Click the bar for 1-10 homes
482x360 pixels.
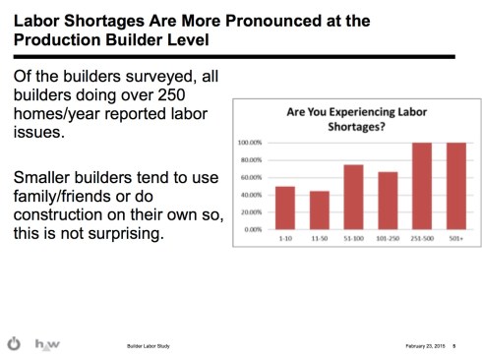coord(285,208)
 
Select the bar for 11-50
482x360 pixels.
coord(319,210)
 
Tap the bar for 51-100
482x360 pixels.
coord(353,197)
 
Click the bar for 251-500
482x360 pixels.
coord(421,186)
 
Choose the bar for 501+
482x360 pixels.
coord(454,186)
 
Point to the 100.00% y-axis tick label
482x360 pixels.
coord(250,144)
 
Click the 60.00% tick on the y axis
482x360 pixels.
coord(251,178)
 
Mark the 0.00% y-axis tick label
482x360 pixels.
coord(253,229)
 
